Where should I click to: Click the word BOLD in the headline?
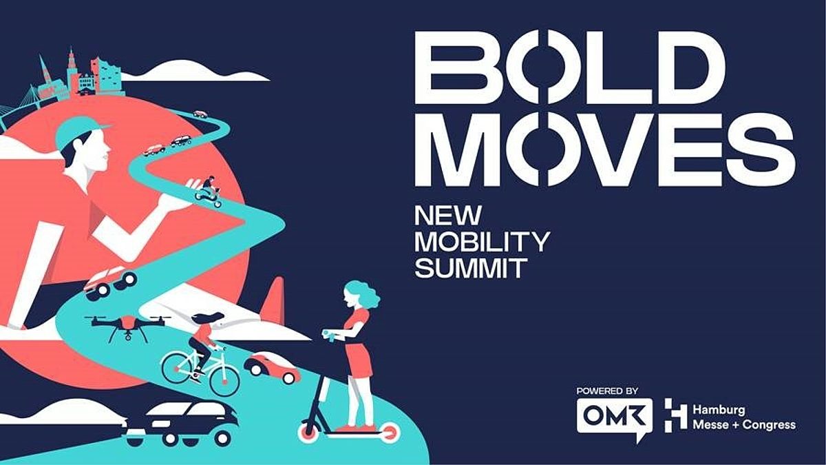click(570, 68)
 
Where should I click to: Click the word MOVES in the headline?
click(605, 149)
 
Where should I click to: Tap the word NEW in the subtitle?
click(448, 215)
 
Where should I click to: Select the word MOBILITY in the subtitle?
click(483, 242)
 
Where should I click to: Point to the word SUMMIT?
click(471, 268)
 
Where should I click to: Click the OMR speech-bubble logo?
click(614, 419)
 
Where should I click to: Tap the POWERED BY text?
click(607, 391)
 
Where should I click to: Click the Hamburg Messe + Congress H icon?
click(675, 415)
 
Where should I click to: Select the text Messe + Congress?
click(744, 425)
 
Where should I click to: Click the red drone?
click(127, 324)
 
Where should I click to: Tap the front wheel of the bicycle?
click(224, 380)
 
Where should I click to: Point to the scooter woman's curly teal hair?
click(363, 293)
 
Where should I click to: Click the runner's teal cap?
click(79, 131)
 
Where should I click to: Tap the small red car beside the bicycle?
click(272, 368)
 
